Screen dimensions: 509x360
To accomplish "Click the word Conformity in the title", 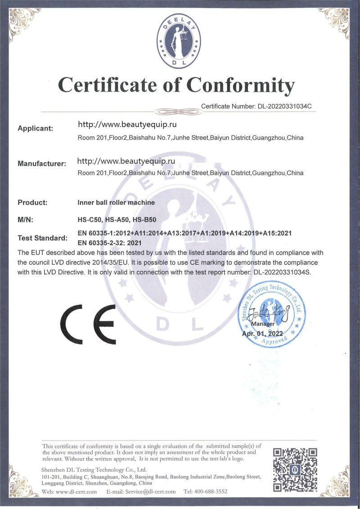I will click(241, 84).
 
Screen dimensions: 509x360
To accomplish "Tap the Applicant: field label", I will click(35, 128).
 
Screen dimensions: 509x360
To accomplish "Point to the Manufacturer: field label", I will click(42, 164).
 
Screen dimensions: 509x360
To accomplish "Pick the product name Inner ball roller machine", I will click(116, 203).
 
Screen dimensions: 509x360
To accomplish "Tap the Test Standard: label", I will click(42, 238).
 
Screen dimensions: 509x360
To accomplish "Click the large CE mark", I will click(88, 322).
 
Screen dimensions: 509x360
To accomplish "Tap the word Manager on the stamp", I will click(262, 324).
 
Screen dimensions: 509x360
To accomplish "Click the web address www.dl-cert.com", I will click(76, 492).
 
